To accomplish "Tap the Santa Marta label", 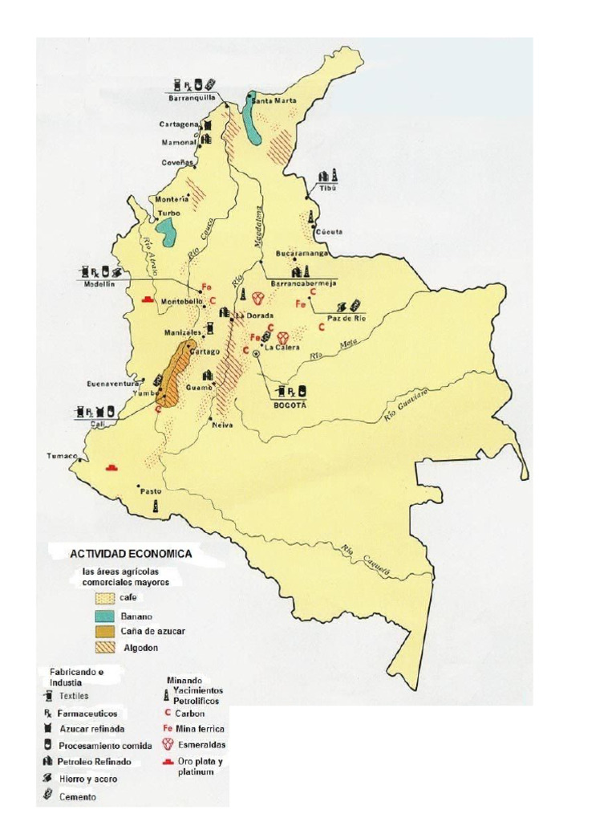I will pyautogui.click(x=274, y=101).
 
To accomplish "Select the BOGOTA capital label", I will pyautogui.click(x=290, y=405).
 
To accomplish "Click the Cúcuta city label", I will pyautogui.click(x=330, y=231).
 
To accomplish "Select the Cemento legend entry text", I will pyautogui.click(x=78, y=796).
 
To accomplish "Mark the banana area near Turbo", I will pyautogui.click(x=167, y=233).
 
